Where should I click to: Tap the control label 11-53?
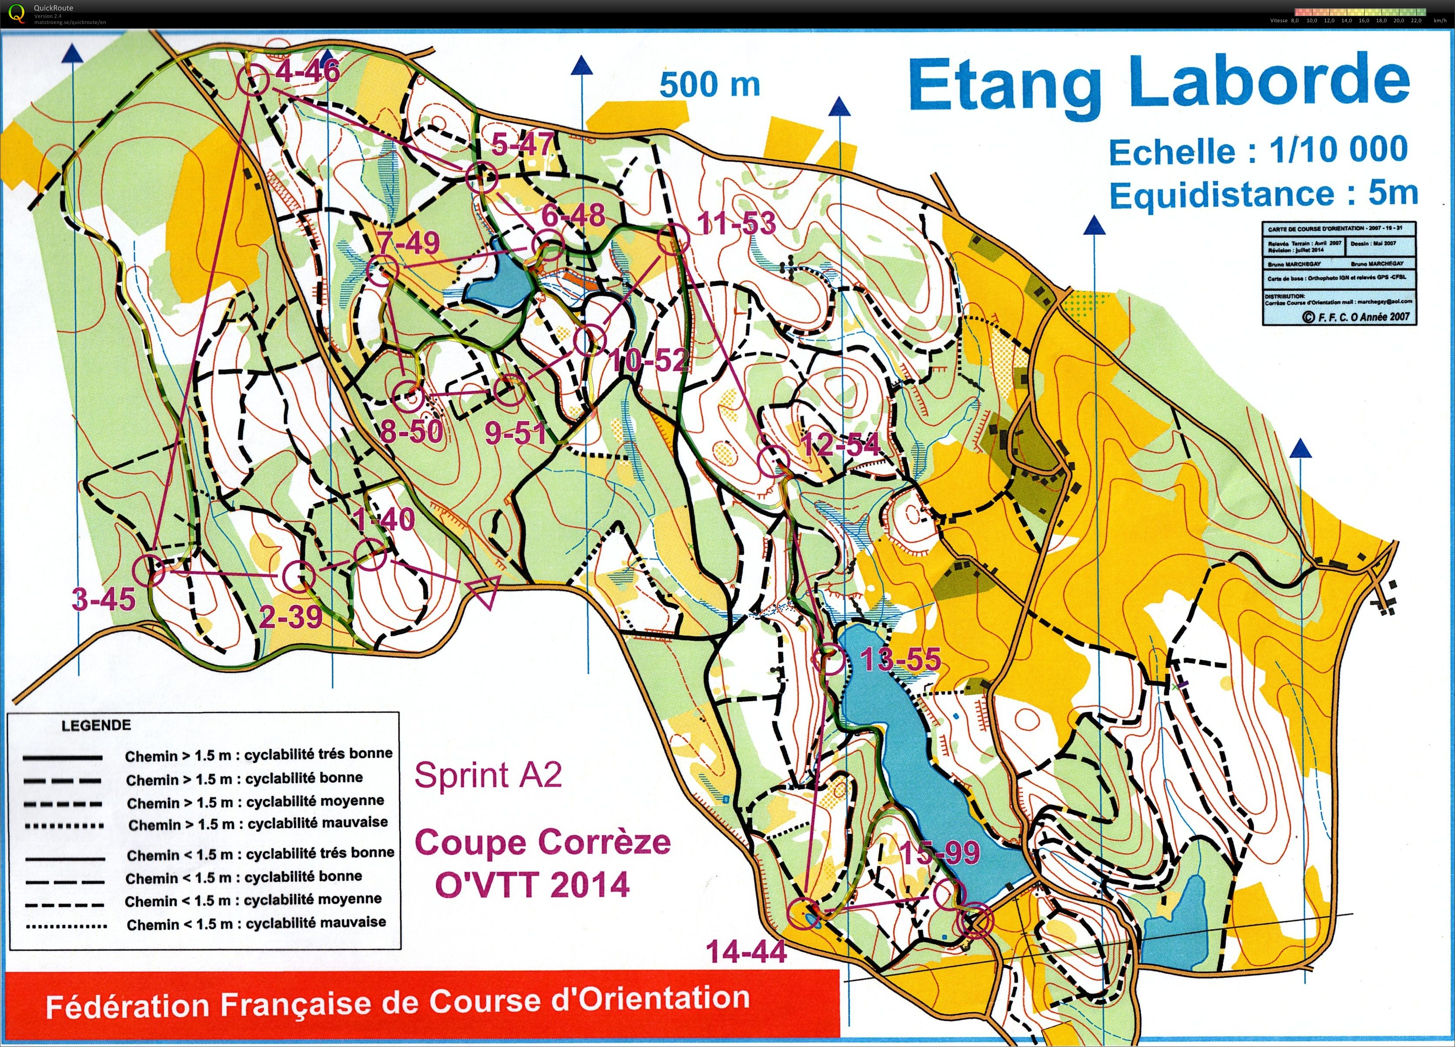click(x=737, y=223)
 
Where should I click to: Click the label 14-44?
click(x=746, y=951)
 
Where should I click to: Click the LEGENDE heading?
click(x=96, y=726)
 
